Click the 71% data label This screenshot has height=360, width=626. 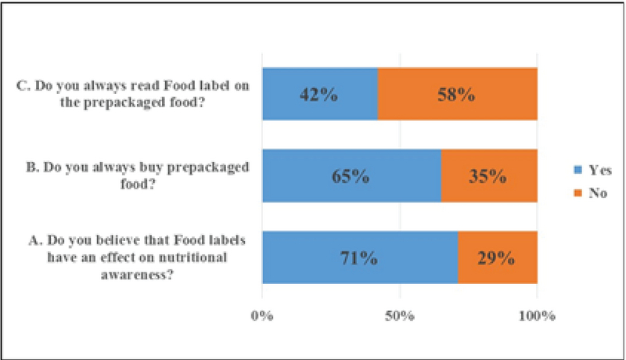coord(359,258)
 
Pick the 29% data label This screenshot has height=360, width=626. coord(497,258)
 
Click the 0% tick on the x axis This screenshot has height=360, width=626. coord(262,316)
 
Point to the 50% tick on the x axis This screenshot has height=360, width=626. coord(399,316)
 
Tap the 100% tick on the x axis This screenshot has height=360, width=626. coord(537,316)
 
